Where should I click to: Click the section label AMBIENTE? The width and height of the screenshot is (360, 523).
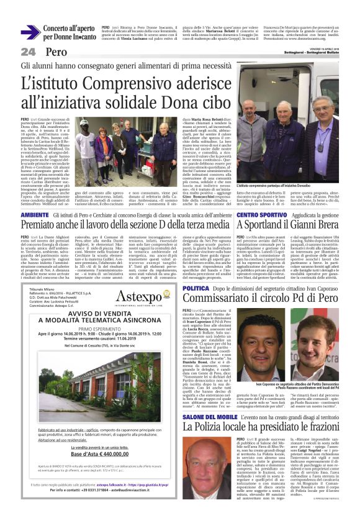34,214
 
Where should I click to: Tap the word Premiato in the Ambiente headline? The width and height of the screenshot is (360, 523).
44,225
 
